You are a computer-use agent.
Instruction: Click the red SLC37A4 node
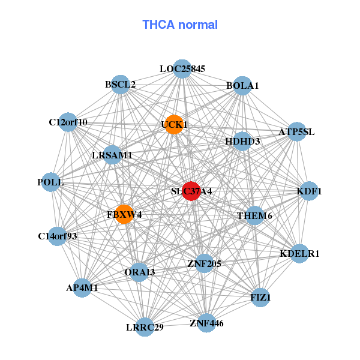click(191, 191)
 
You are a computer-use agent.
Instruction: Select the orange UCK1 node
click(174, 125)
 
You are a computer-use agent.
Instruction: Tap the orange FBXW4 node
click(124, 214)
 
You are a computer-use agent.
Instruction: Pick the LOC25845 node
click(182, 69)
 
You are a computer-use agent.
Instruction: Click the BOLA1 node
click(242, 86)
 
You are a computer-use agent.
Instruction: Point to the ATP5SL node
click(296, 132)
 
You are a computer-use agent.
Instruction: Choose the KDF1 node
click(310, 191)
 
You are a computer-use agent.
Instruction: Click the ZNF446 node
click(206, 323)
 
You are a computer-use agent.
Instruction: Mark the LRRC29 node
click(145, 327)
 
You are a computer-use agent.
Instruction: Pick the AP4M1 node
click(82, 288)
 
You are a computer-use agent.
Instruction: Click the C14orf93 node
click(58, 236)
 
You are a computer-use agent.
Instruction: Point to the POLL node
click(50, 182)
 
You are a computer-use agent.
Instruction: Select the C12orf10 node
click(68, 122)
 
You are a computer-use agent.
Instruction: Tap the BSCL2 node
click(121, 85)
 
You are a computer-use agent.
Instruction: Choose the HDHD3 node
click(242, 142)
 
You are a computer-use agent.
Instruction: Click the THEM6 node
click(254, 215)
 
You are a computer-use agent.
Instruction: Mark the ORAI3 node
click(140, 272)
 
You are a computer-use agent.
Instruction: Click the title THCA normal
click(180, 25)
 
